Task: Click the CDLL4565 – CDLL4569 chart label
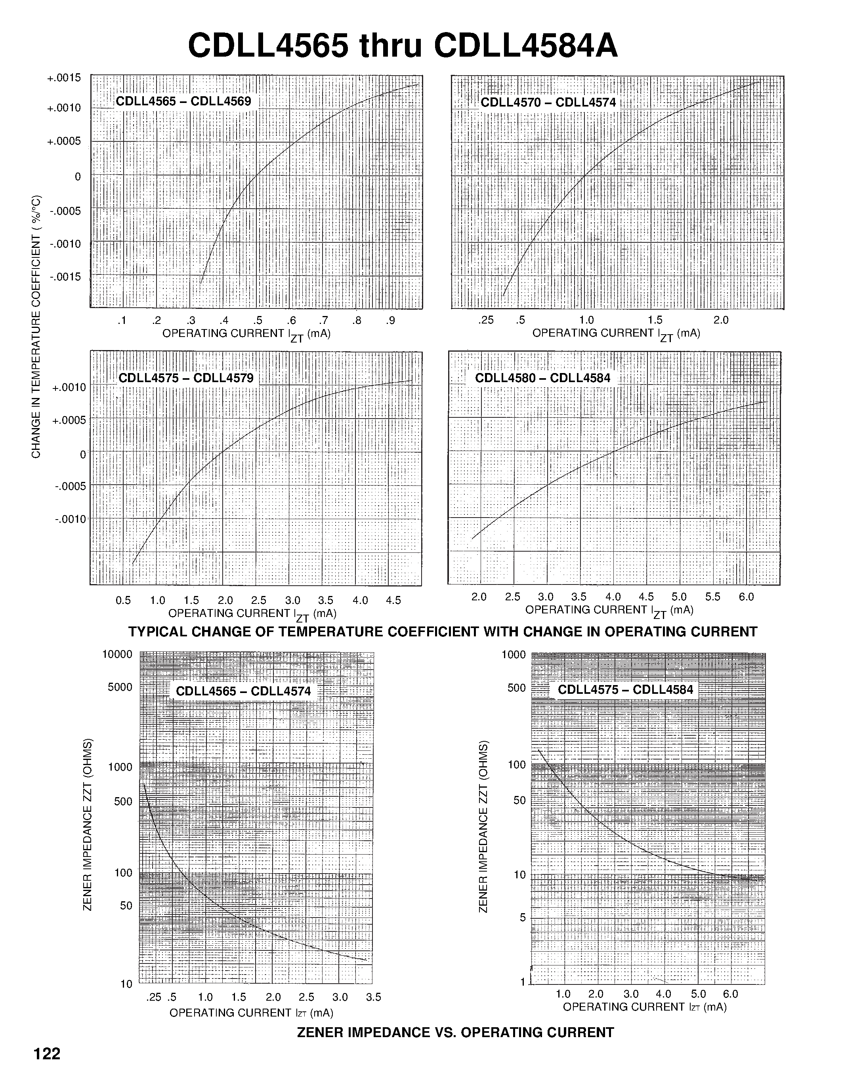point(183,102)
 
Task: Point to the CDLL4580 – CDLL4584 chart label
point(542,378)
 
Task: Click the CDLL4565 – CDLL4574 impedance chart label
point(243,691)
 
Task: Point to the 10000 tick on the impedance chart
point(117,654)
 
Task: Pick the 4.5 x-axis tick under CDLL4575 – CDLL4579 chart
point(393,600)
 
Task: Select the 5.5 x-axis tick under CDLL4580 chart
point(712,597)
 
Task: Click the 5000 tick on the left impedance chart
point(120,687)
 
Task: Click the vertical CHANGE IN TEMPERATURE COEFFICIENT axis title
point(36,327)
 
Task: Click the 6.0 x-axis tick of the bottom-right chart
point(730,994)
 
